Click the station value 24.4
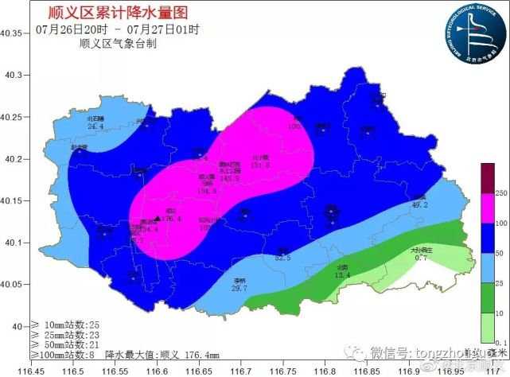tap(95, 126)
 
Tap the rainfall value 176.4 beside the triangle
tap(173, 219)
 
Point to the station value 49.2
tap(419, 204)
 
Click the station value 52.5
tap(283, 258)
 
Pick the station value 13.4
tap(343, 275)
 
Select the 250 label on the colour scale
tap(499, 193)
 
